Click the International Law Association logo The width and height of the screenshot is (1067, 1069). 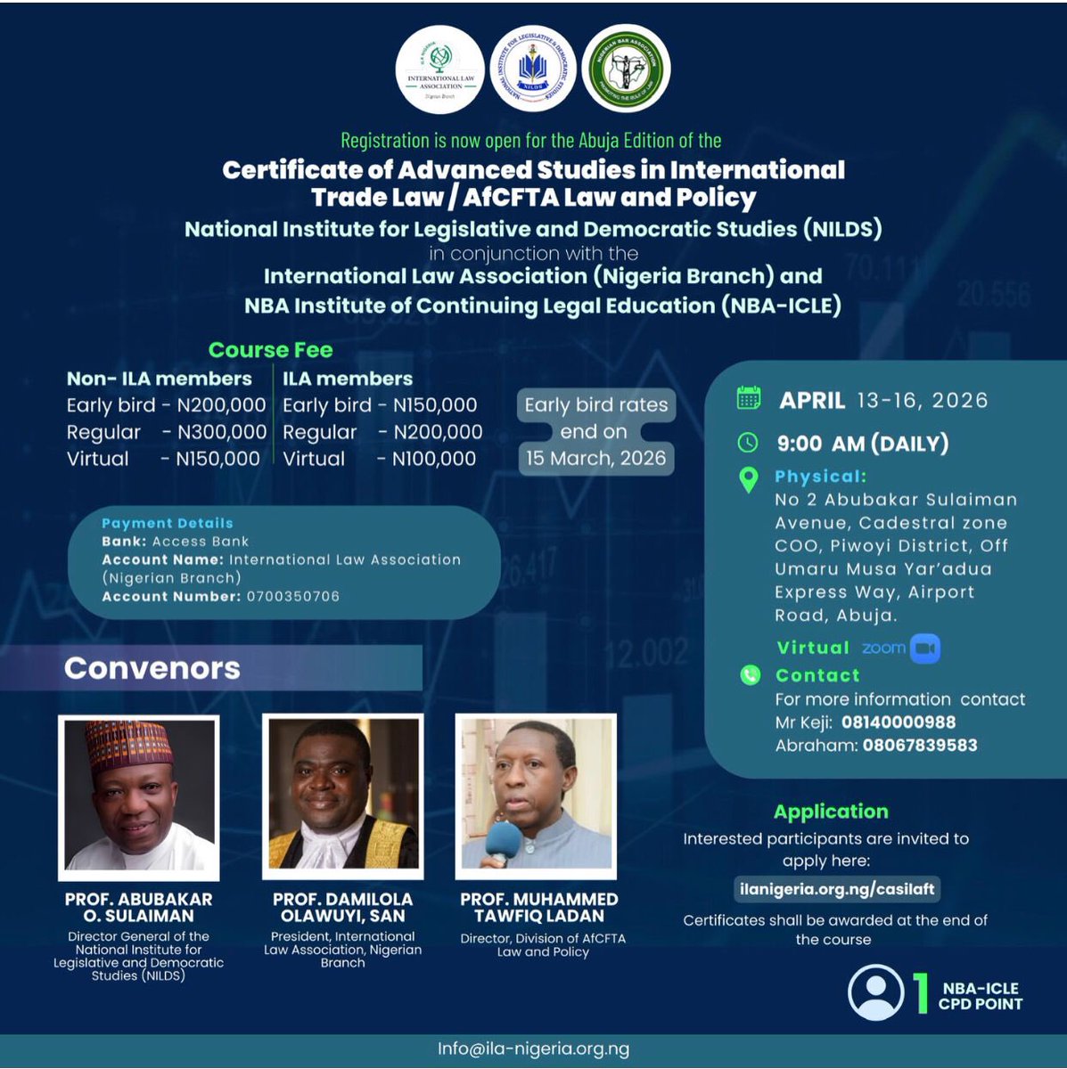pyautogui.click(x=440, y=69)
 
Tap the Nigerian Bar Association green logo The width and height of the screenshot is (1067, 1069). pyautogui.click(x=626, y=69)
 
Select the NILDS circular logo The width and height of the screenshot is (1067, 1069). pyautogui.click(x=533, y=69)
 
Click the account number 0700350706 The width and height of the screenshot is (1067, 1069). pyautogui.click(x=293, y=596)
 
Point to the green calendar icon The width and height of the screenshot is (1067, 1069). pyautogui.click(x=749, y=398)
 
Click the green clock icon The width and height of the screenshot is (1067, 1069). pyautogui.click(x=748, y=442)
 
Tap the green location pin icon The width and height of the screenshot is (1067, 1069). pyautogui.click(x=749, y=479)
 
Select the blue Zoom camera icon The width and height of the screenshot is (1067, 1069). pyautogui.click(x=925, y=648)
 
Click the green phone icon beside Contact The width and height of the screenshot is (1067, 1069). pyautogui.click(x=751, y=675)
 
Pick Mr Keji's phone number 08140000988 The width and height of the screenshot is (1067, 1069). pyautogui.click(x=898, y=722)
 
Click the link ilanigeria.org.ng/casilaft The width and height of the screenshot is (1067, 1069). pyautogui.click(x=836, y=888)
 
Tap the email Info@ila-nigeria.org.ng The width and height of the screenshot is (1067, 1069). pyautogui.click(x=533, y=1049)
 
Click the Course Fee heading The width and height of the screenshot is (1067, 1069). pyautogui.click(x=270, y=350)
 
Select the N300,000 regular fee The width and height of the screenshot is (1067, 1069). pyautogui.click(x=222, y=432)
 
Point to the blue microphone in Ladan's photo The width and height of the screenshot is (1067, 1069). pyautogui.click(x=504, y=840)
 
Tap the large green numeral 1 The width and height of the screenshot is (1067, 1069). pyautogui.click(x=921, y=994)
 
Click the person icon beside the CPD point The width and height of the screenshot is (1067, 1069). pyautogui.click(x=875, y=992)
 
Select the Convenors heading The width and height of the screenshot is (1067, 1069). pyautogui.click(x=152, y=668)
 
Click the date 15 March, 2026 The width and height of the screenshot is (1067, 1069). pyautogui.click(x=595, y=458)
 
